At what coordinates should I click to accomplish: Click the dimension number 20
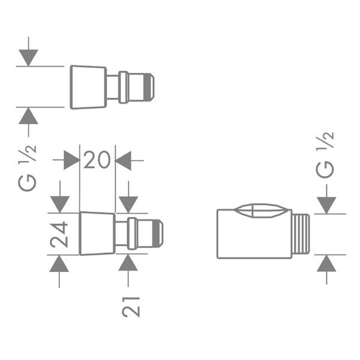pyautogui.click(x=97, y=160)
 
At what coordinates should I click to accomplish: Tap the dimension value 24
pyautogui.click(x=59, y=235)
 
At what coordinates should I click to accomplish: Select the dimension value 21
pyautogui.click(x=131, y=307)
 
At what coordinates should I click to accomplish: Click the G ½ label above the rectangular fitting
pyautogui.click(x=325, y=155)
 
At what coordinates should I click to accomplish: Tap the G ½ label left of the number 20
pyautogui.click(x=28, y=168)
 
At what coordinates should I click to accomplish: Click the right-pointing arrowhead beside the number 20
pyautogui.click(x=71, y=160)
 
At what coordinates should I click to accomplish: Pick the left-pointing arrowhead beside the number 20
pyautogui.click(x=123, y=160)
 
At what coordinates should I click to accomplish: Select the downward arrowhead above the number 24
pyautogui.click(x=60, y=205)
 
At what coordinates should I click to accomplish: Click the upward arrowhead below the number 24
pyautogui.click(x=59, y=263)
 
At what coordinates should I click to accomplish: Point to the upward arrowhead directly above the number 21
pyautogui.click(x=128, y=262)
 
